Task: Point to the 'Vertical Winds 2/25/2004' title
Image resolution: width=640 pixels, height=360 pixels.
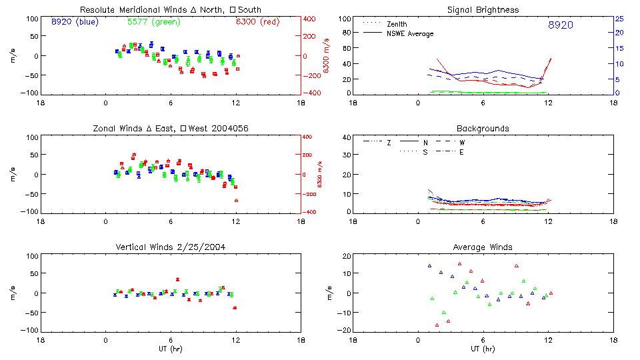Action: click(x=170, y=247)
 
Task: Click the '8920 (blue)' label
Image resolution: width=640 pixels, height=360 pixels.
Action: click(x=74, y=22)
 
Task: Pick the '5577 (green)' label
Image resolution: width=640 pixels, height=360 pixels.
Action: click(x=153, y=22)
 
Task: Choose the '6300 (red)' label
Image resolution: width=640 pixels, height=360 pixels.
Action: click(x=257, y=22)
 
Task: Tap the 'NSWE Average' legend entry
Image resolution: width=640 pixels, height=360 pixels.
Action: click(x=409, y=34)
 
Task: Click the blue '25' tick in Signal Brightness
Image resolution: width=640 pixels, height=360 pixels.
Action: click(x=618, y=19)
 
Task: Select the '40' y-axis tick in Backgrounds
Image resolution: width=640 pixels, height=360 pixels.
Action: click(x=345, y=138)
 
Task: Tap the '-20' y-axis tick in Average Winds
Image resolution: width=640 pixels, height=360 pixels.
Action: click(x=344, y=331)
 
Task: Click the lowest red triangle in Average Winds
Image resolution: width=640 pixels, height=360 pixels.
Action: click(x=437, y=325)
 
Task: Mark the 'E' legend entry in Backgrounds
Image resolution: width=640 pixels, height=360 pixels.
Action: click(x=461, y=152)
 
